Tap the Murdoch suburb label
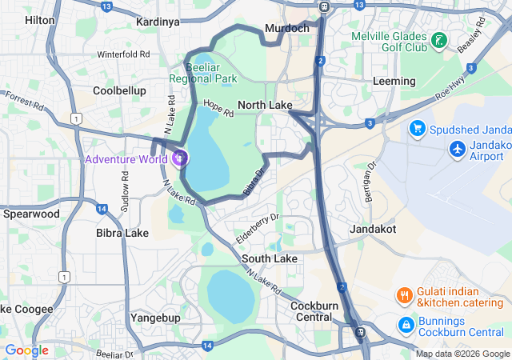(x=286, y=28)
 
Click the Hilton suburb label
(x=39, y=20)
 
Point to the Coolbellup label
(x=119, y=90)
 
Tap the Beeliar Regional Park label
(x=203, y=74)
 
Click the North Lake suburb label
(x=265, y=106)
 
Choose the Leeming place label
(x=394, y=82)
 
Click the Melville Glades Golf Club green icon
(x=438, y=41)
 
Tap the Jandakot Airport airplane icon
(x=458, y=149)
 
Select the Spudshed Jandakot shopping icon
(x=416, y=128)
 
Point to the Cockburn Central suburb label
(x=311, y=311)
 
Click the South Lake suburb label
(x=270, y=258)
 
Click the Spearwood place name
(x=31, y=214)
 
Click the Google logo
(x=26, y=350)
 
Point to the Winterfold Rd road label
(x=123, y=54)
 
